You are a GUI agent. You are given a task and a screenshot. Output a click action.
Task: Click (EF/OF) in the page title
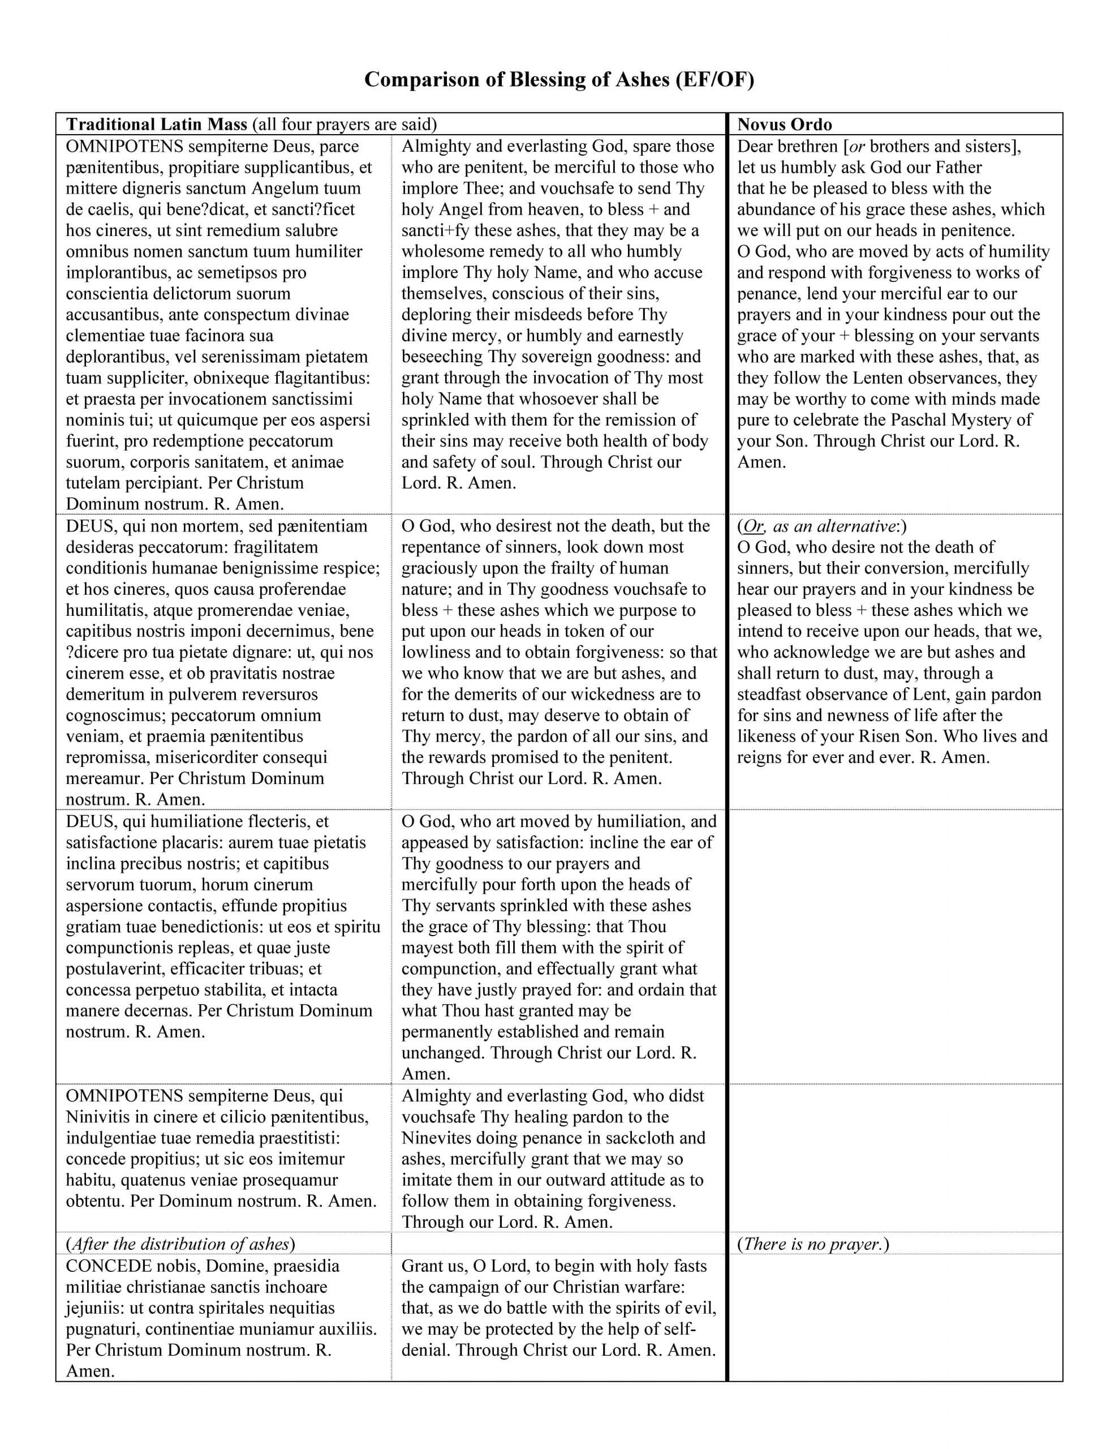(x=715, y=80)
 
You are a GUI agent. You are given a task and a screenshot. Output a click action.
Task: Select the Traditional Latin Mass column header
(x=157, y=124)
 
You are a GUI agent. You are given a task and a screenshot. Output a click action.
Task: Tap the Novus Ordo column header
(x=784, y=124)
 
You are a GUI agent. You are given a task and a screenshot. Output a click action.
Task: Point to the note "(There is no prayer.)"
(x=812, y=1244)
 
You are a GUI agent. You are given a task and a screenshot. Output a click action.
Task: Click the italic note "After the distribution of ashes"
(x=180, y=1244)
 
